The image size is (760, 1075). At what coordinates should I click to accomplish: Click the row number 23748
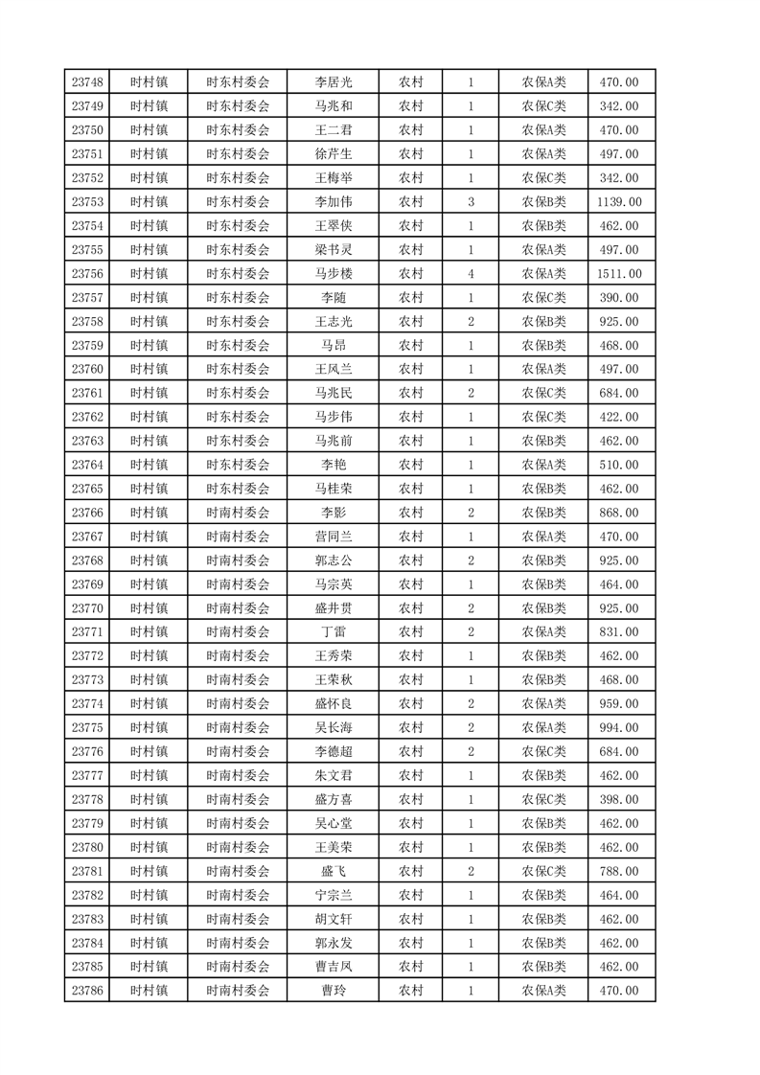tap(87, 82)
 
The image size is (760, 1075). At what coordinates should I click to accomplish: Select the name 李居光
tap(333, 82)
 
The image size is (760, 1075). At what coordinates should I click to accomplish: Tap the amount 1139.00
tap(619, 202)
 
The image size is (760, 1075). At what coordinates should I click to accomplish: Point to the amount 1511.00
tap(619, 274)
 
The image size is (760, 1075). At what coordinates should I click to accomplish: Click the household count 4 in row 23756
tap(471, 274)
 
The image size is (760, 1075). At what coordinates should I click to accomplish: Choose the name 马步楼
tap(333, 274)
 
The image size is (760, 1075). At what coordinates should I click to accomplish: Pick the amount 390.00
tap(619, 298)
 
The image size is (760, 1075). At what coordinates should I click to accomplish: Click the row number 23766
tap(87, 513)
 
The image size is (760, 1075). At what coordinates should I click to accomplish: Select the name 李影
tap(333, 513)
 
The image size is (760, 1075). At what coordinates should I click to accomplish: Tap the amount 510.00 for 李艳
tap(619, 465)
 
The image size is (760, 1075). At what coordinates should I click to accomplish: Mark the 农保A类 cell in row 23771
tap(543, 632)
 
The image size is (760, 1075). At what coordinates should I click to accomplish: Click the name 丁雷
tap(333, 632)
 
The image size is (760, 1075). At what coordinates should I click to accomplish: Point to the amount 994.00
tap(619, 728)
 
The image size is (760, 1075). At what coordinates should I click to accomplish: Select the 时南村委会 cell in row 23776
tap(238, 752)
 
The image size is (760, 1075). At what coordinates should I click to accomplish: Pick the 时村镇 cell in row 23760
tap(149, 369)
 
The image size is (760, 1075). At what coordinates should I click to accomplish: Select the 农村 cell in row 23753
tap(411, 202)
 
